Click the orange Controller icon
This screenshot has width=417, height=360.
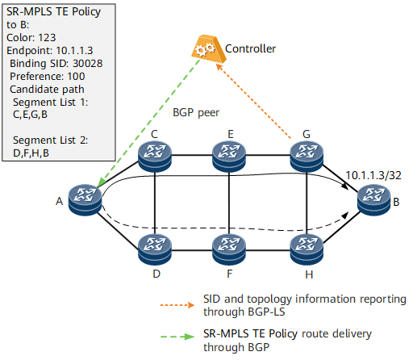click(208, 48)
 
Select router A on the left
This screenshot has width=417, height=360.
click(85, 200)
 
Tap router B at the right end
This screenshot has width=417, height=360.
click(373, 200)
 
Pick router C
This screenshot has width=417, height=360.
click(155, 157)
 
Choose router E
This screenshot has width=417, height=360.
click(229, 157)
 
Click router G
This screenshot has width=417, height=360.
click(306, 157)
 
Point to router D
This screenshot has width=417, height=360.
click(155, 249)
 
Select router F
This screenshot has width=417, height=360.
click(229, 249)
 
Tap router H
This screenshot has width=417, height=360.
click(306, 249)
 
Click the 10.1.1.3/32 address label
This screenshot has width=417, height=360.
click(373, 175)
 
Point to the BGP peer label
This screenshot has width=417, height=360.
click(196, 113)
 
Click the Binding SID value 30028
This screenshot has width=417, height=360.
click(88, 64)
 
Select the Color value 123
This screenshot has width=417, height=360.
click(47, 38)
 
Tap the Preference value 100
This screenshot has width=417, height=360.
click(76, 77)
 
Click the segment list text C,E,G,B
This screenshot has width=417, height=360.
click(30, 115)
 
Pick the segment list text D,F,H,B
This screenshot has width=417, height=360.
click(31, 153)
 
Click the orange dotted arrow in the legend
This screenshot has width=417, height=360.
click(177, 305)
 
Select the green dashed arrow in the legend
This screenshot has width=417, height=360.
click(177, 337)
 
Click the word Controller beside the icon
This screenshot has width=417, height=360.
click(250, 48)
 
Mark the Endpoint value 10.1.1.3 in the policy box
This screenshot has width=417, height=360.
click(74, 51)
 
